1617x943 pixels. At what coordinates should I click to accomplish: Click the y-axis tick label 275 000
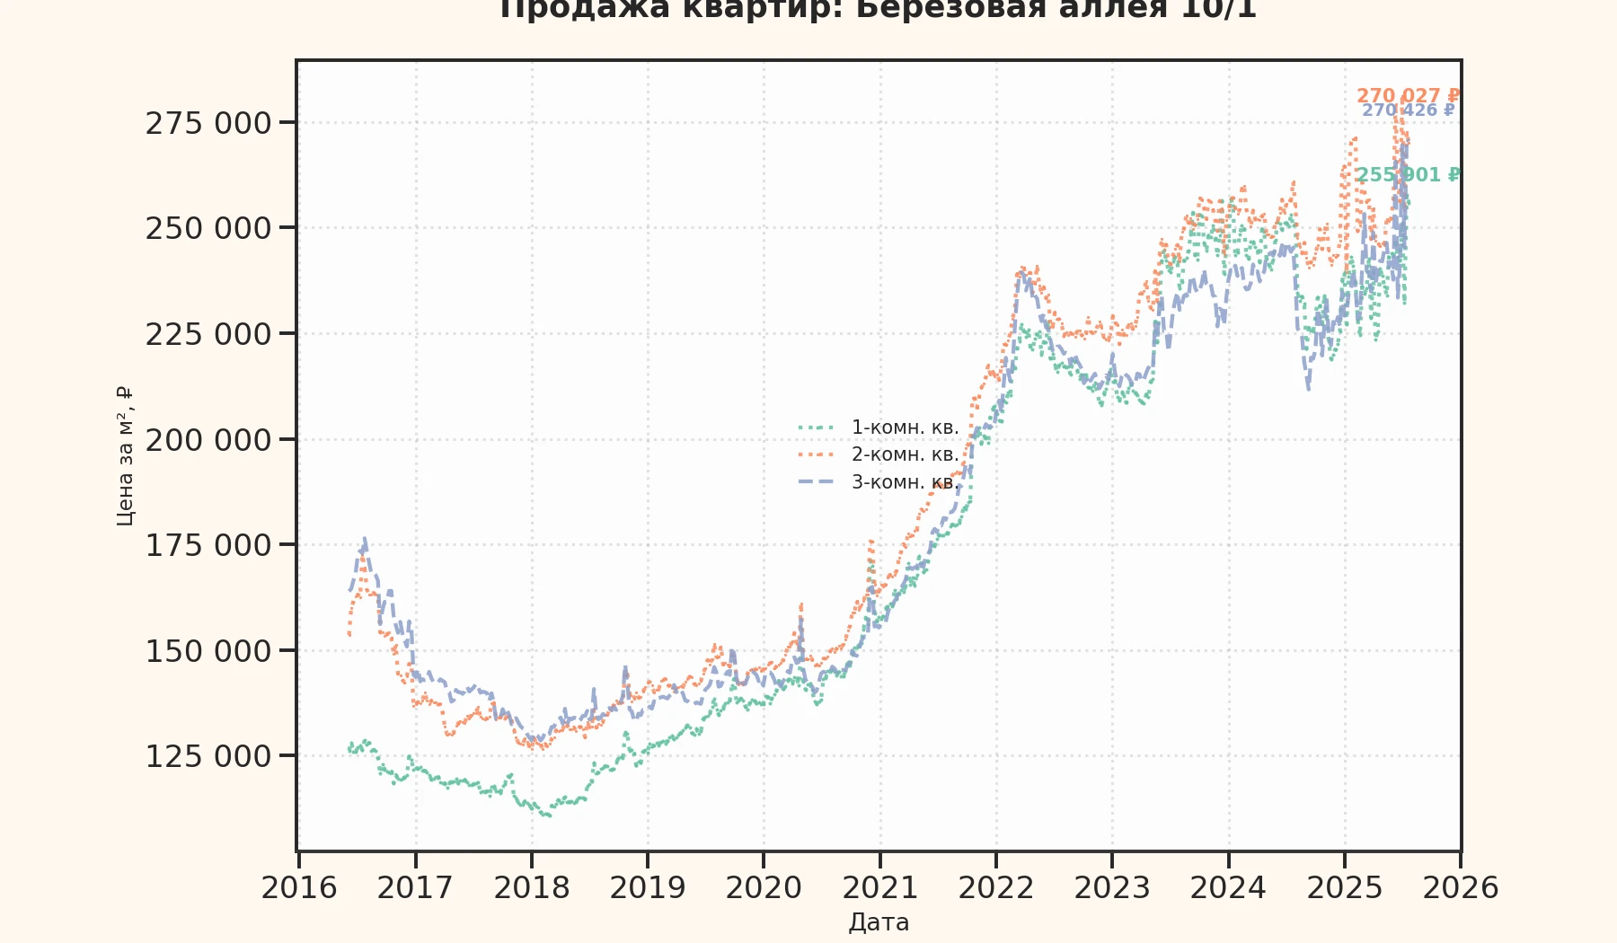[x=208, y=123]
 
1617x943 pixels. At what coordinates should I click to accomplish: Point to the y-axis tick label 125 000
[x=208, y=756]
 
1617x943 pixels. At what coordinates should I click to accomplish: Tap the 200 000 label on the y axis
[x=208, y=440]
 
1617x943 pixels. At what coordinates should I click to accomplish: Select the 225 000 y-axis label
[x=208, y=334]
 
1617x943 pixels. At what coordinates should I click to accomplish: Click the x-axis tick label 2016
[x=299, y=887]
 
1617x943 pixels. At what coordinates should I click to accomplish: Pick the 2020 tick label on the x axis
[x=764, y=887]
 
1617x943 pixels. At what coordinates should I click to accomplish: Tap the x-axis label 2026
[x=1461, y=887]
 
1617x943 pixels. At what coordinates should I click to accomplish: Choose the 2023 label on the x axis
[x=1112, y=887]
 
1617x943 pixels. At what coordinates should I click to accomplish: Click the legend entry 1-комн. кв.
[x=905, y=427]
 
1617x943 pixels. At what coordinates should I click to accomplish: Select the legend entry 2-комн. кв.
[x=905, y=454]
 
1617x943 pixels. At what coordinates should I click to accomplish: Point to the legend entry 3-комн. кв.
[x=905, y=482]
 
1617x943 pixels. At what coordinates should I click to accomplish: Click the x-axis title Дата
[x=879, y=922]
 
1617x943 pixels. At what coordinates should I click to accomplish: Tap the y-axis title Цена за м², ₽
[x=125, y=456]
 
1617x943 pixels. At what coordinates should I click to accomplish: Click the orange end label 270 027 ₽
[x=1408, y=95]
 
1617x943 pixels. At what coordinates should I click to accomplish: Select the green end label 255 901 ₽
[x=1408, y=174]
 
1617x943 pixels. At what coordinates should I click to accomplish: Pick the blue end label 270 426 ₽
[x=1408, y=110]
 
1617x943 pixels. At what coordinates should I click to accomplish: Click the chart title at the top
[x=879, y=9]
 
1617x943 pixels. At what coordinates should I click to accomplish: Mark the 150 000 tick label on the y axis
[x=208, y=651]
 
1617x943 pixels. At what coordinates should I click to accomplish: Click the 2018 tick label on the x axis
[x=532, y=887]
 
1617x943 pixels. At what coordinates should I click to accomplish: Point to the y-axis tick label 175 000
[x=208, y=545]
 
